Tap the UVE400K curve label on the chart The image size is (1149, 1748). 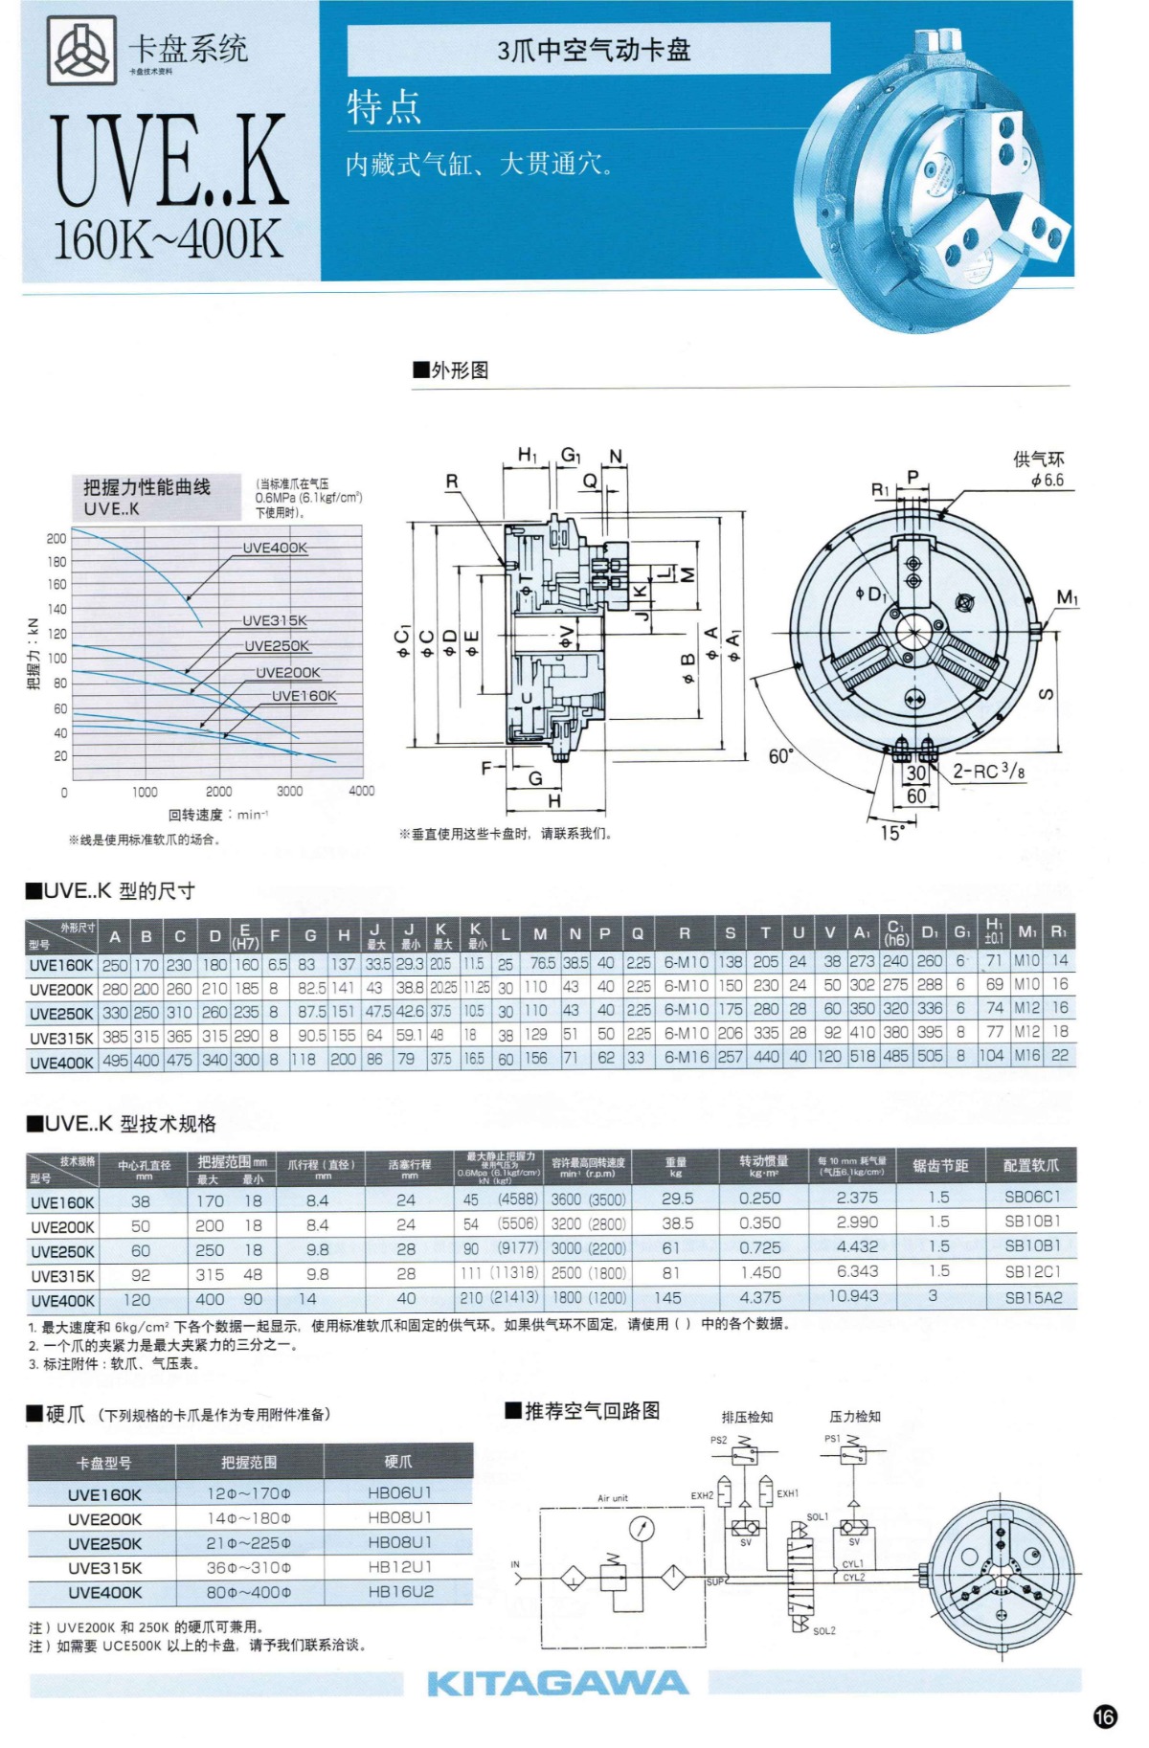point(275,548)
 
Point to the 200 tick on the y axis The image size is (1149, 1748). point(56,538)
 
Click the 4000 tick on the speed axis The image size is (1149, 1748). point(362,791)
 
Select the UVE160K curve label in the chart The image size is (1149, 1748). point(304,696)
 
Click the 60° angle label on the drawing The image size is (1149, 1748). point(781,756)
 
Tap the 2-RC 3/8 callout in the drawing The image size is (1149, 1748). point(988,771)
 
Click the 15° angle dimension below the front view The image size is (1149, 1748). point(890,833)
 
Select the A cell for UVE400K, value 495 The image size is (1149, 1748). point(115,1060)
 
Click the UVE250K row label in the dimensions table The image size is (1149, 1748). point(61,1013)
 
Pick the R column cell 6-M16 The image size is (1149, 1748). point(686,1058)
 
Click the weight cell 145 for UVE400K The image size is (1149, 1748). point(667,1298)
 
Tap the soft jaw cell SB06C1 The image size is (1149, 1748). point(1032,1197)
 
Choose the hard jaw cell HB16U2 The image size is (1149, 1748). point(400,1591)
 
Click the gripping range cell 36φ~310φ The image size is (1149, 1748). point(249,1567)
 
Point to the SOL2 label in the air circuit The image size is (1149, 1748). point(823,1630)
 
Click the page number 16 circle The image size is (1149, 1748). point(1105,1716)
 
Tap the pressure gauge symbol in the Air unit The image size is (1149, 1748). point(642,1529)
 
